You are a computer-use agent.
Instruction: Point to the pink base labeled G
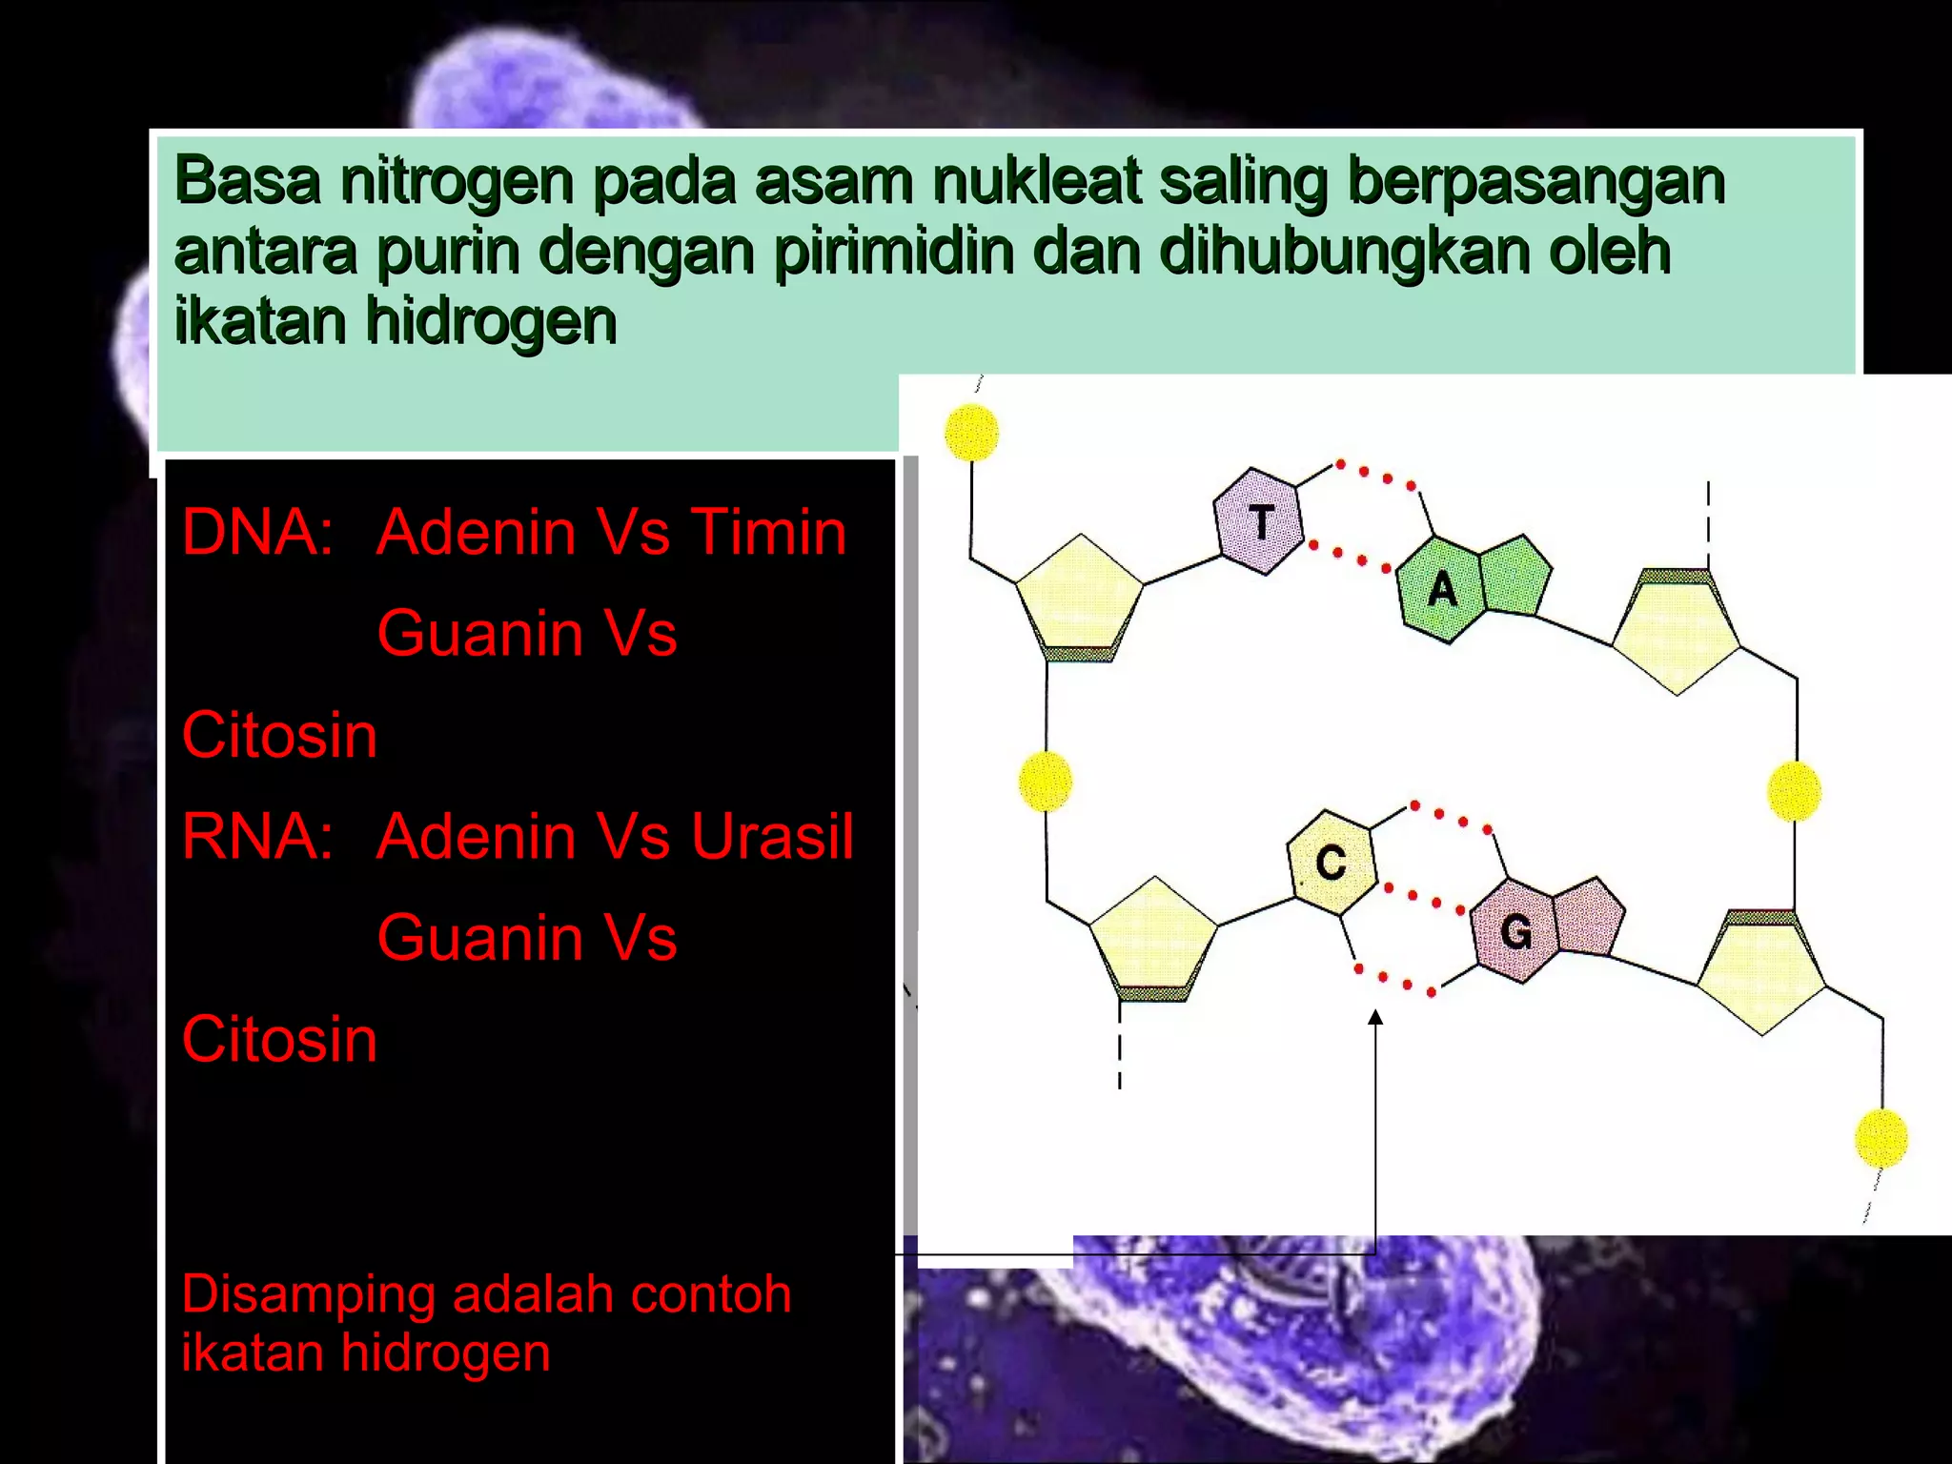point(1515,930)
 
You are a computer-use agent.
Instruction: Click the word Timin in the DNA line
point(768,532)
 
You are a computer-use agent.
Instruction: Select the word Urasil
point(772,837)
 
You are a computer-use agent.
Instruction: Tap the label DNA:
point(257,532)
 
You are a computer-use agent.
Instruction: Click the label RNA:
point(257,837)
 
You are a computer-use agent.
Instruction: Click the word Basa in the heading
point(248,181)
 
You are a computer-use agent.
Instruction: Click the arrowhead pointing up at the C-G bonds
point(1374,1018)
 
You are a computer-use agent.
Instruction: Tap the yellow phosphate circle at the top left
point(971,432)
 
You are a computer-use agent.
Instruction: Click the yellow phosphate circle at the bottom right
point(1881,1138)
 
